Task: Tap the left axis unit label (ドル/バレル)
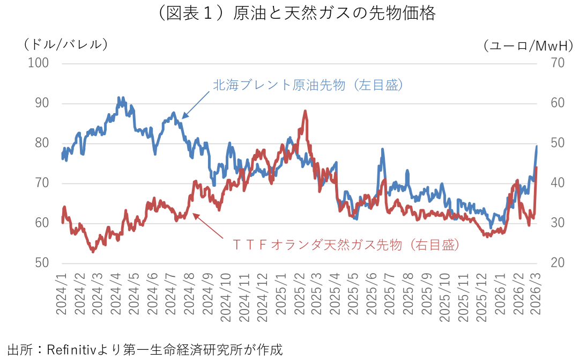pos(66,45)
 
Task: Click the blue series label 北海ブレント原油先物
pos(308,85)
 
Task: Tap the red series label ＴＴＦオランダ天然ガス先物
pos(346,245)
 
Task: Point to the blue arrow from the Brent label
pos(195,104)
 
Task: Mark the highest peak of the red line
pos(305,111)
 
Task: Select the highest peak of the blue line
pos(118,98)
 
